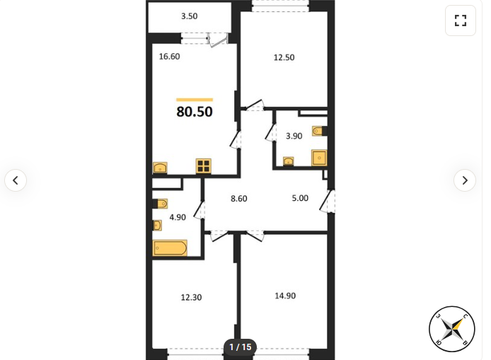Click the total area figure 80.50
[x=195, y=112]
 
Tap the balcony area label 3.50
[x=190, y=16]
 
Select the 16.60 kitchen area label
[x=169, y=57]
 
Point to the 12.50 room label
[x=284, y=57]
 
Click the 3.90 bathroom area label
[x=294, y=136]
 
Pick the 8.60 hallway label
[x=239, y=199]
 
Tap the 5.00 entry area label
[x=300, y=198]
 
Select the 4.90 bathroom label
[x=178, y=217]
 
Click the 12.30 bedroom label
[x=191, y=297]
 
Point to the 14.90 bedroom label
[x=285, y=296]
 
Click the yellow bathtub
[x=170, y=248]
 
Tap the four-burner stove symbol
[x=204, y=166]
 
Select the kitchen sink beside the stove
[x=160, y=168]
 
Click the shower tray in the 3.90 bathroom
[x=319, y=158]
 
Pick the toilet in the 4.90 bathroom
[x=161, y=204]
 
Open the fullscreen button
[x=461, y=21]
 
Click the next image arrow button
[x=465, y=180]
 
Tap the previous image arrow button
[x=16, y=180]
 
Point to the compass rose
[x=452, y=329]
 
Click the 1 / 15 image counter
[x=240, y=347]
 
